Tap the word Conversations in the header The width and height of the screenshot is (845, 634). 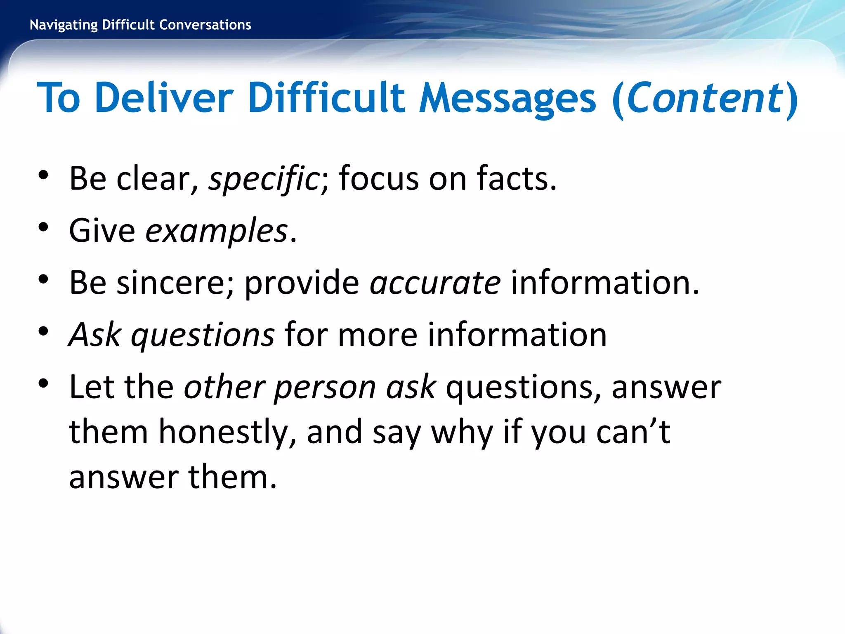tap(205, 25)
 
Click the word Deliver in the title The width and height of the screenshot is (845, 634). tap(164, 98)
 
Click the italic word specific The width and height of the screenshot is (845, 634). tap(263, 179)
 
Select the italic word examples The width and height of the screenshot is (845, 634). tap(216, 231)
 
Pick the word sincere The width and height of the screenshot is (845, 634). tap(175, 283)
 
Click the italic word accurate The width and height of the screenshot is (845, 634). tap(435, 283)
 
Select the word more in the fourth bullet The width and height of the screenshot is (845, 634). tap(378, 335)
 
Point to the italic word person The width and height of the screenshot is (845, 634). tap(325, 388)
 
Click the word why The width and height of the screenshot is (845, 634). tap(462, 433)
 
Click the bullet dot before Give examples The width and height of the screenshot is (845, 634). tap(43, 227)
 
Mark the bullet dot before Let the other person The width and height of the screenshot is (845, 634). tap(43, 383)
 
